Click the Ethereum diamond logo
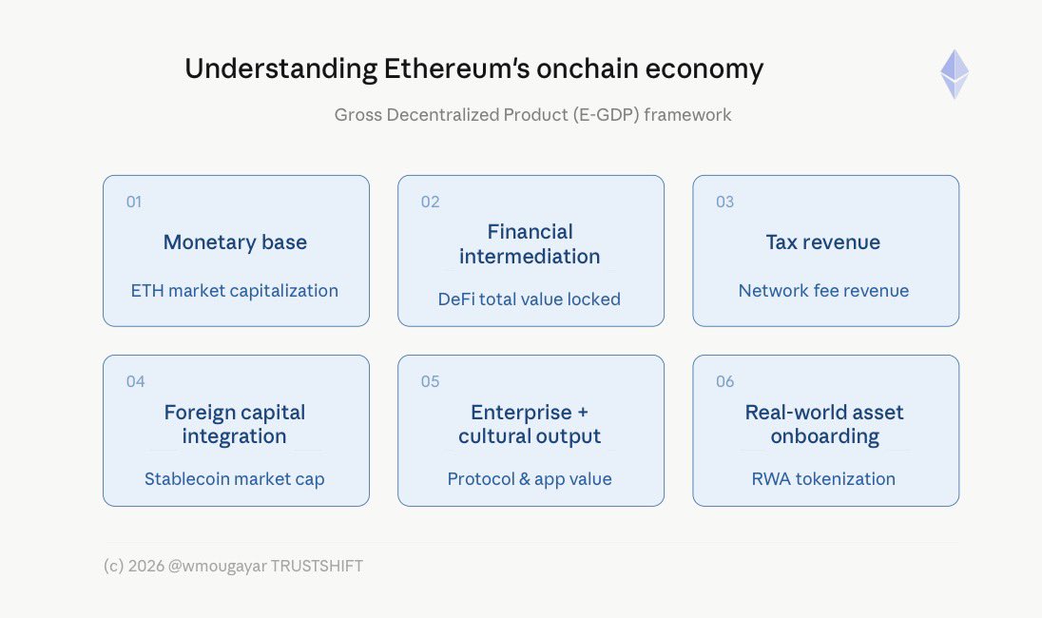[x=955, y=74]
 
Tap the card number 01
[x=133, y=202]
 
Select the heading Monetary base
[x=235, y=241]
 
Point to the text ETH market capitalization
[x=235, y=290]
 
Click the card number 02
[x=430, y=202]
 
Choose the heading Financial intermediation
[x=530, y=244]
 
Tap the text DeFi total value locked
[x=529, y=299]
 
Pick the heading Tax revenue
[x=822, y=241]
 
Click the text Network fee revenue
[x=823, y=290]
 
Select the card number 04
[x=136, y=381]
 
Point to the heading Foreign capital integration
[x=235, y=424]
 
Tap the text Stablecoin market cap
[x=235, y=479]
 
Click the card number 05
[x=430, y=381]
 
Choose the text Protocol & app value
[x=530, y=479]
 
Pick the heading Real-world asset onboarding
[x=824, y=424]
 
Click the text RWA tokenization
[x=823, y=479]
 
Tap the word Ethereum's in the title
[x=456, y=68]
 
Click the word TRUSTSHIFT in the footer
[x=317, y=566]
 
